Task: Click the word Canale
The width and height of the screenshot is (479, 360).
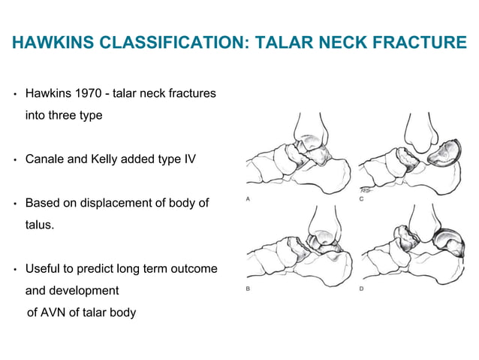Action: [x=46, y=159]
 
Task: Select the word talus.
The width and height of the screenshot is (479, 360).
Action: [x=39, y=224]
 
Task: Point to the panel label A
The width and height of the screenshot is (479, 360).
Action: [x=249, y=199]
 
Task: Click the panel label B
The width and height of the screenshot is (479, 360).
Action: [x=249, y=288]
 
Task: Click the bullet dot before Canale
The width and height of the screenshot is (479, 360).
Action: [x=15, y=160]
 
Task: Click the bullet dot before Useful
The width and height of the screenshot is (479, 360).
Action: [x=15, y=269]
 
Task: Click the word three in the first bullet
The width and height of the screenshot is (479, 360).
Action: [x=64, y=116]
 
